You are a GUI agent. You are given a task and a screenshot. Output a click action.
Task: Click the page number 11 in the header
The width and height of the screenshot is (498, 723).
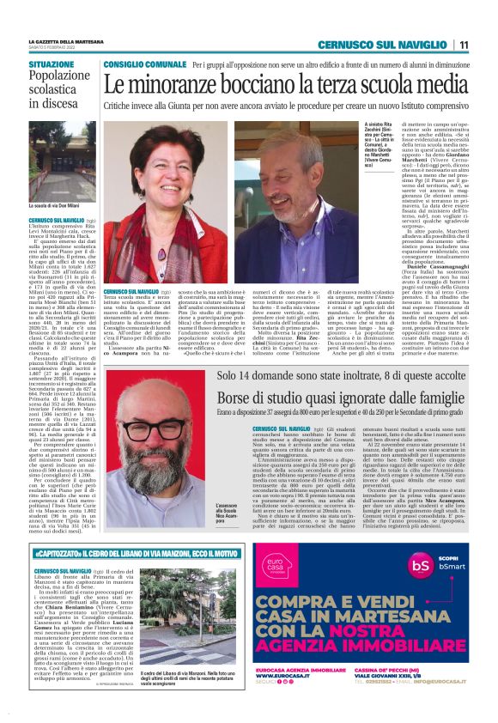[464, 45]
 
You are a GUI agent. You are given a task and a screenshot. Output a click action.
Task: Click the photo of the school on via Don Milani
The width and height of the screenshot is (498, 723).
[62, 164]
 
